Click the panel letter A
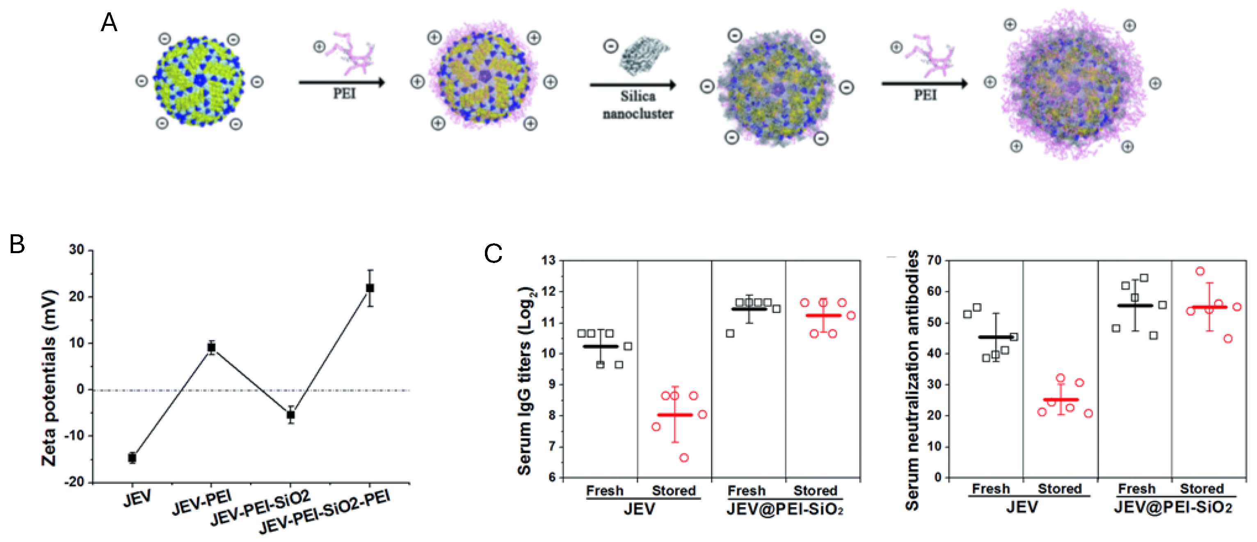[x=109, y=23]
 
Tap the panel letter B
[x=17, y=245]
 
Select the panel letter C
[x=493, y=254]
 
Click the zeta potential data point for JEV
[x=132, y=457]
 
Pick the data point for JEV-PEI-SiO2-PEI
[x=370, y=288]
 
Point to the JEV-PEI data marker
[x=211, y=348]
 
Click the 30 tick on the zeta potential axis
[x=77, y=250]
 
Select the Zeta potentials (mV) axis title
[x=49, y=378]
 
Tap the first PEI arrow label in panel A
[x=344, y=93]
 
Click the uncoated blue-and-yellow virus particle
[x=199, y=81]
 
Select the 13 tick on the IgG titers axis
[x=549, y=261]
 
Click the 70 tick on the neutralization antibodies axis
[x=934, y=261]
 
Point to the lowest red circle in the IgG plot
[x=684, y=457]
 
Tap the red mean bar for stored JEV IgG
[x=675, y=415]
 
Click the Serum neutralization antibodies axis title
[x=912, y=380]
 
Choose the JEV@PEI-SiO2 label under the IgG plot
[x=785, y=509]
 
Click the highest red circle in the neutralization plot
[x=1200, y=271]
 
